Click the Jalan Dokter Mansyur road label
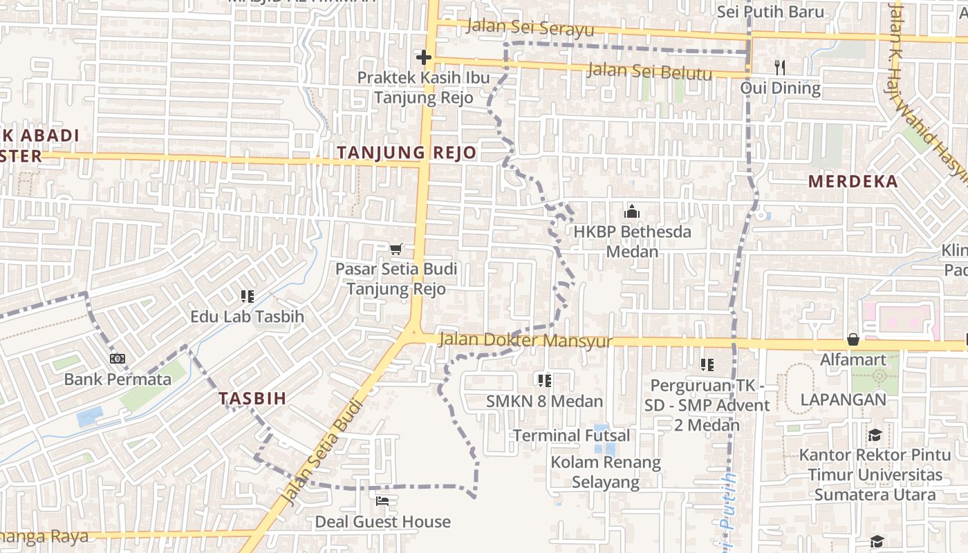[525, 341]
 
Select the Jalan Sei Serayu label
[530, 28]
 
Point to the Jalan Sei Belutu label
[649, 71]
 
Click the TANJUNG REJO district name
[407, 153]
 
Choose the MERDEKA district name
[853, 182]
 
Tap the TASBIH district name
[252, 398]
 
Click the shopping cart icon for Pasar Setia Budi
[396, 249]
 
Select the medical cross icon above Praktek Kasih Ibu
[424, 57]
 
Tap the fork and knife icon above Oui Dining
[780, 67]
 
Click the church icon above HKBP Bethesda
[632, 212]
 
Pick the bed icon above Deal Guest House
[382, 501]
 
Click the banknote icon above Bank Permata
[118, 359]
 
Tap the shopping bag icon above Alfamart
[853, 339]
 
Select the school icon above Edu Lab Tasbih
[247, 297]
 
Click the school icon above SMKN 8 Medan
[544, 380]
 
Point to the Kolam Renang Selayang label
[606, 471]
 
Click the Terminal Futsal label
[571, 435]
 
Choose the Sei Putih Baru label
[770, 12]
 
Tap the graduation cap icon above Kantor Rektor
[875, 435]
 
